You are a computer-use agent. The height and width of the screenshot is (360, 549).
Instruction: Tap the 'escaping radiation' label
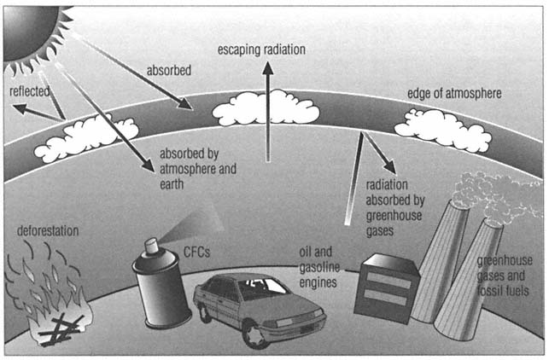coord(260,49)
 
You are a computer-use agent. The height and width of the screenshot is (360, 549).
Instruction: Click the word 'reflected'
coord(29,90)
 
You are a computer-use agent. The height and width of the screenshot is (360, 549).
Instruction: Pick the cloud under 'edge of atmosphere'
coord(441,130)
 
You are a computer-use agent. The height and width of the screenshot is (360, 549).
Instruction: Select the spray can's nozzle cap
coord(152,247)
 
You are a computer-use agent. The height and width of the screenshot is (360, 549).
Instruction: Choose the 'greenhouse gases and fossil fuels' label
coord(510,278)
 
